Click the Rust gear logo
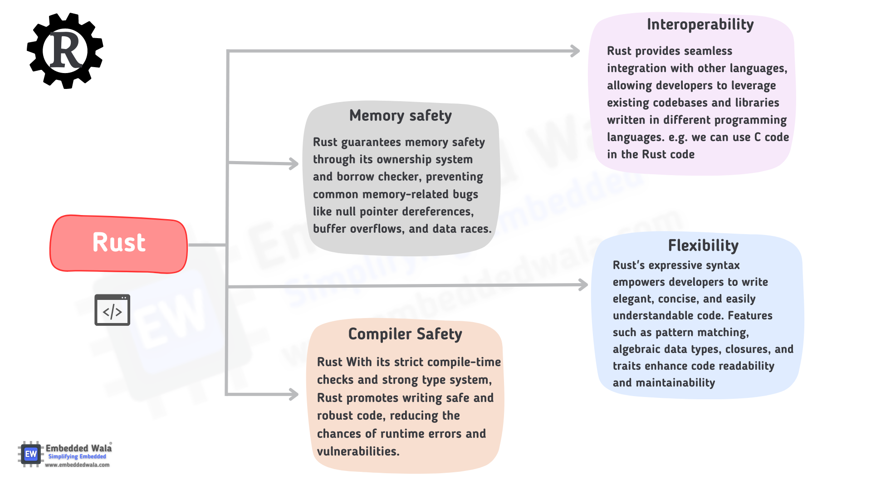65,51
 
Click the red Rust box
119,244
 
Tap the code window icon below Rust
112,310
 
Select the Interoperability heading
700,24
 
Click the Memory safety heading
401,116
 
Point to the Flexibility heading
703,245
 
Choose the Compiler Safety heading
405,334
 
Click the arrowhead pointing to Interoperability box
575,51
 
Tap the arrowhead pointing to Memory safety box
294,163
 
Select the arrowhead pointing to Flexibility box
583,284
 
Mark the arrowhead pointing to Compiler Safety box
294,394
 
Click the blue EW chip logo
31,454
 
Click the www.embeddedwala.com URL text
77,465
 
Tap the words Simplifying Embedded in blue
77,456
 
